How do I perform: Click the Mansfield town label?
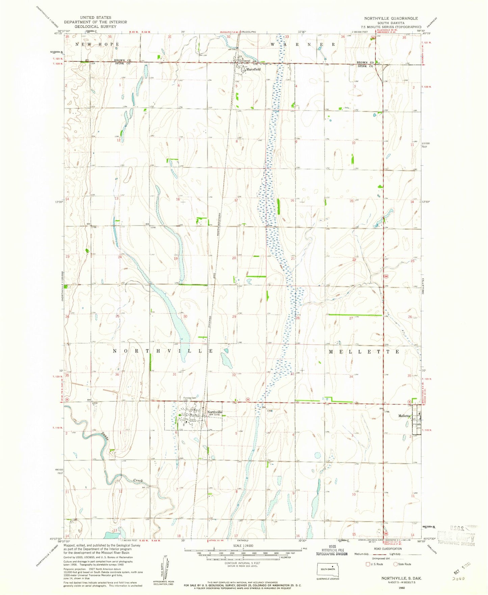click(253, 69)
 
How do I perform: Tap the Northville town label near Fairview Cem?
click(215, 412)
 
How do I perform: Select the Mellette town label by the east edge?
click(404, 416)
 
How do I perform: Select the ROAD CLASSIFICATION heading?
click(388, 549)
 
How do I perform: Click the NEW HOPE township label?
click(97, 45)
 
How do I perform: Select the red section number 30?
click(185, 316)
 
